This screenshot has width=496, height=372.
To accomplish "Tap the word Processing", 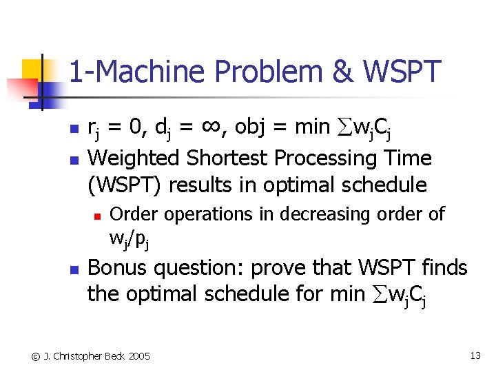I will (329, 158).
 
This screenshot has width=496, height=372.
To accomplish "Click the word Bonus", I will (119, 267).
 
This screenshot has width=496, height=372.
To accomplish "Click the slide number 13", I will (475, 355).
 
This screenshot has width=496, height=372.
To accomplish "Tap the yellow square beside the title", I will (32, 71).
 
